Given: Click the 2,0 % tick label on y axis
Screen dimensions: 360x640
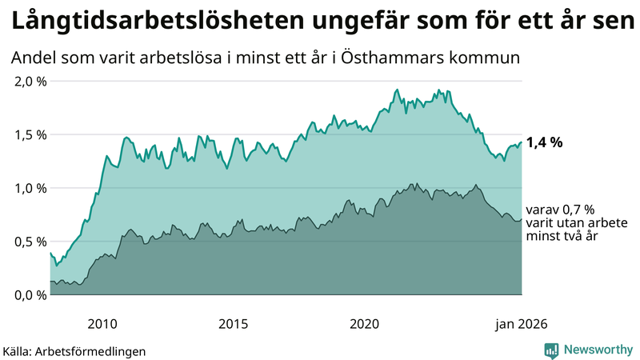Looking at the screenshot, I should point(30,82).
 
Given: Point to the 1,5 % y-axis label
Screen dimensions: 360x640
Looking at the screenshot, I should point(30,134).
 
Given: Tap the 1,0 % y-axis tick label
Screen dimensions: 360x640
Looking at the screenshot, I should point(30,188).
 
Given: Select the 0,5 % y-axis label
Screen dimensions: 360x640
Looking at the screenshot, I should point(30,242).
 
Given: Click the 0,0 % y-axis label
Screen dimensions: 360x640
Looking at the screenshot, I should point(30,294).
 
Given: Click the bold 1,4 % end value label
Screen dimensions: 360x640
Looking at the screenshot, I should point(544,143).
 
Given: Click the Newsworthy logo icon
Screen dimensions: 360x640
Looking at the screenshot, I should point(551,350).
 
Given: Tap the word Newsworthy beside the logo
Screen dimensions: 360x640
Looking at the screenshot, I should point(597,350).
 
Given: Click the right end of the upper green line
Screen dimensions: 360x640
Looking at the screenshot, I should point(522,143).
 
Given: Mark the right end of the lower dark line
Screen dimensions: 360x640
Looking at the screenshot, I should point(522,219).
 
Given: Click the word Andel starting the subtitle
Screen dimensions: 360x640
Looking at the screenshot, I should point(34,58).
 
